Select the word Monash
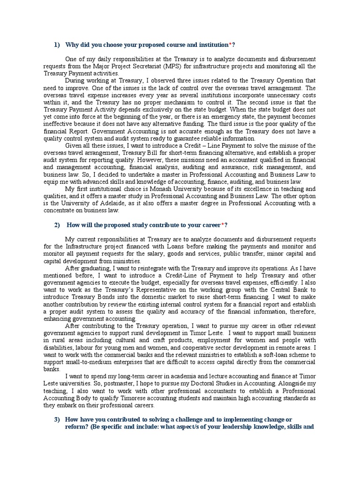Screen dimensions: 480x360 tap(161, 188)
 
